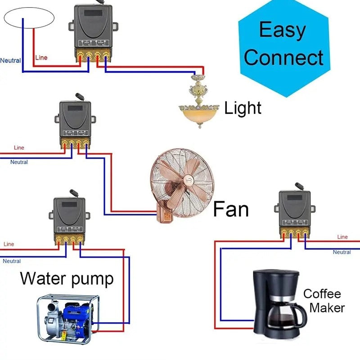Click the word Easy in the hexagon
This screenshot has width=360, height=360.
click(x=282, y=30)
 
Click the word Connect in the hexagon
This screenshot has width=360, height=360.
click(x=283, y=58)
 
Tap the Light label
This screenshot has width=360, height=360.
click(x=243, y=108)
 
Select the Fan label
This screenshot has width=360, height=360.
click(x=231, y=209)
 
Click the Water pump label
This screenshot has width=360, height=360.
click(x=67, y=279)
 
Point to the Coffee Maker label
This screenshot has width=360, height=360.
click(x=324, y=301)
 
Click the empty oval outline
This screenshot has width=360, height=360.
click(x=29, y=18)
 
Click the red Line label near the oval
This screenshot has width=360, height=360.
click(x=41, y=58)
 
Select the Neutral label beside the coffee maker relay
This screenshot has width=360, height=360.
click(x=342, y=252)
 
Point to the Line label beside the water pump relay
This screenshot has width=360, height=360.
click(x=9, y=244)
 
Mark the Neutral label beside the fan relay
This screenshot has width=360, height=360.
click(x=19, y=162)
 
